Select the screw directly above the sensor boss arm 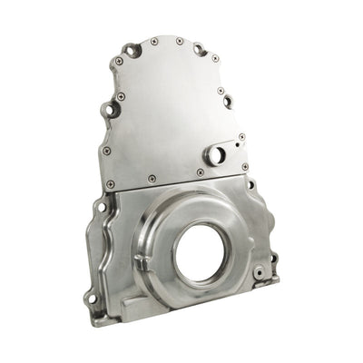coord(221,124)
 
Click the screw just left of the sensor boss coord(200,172)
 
